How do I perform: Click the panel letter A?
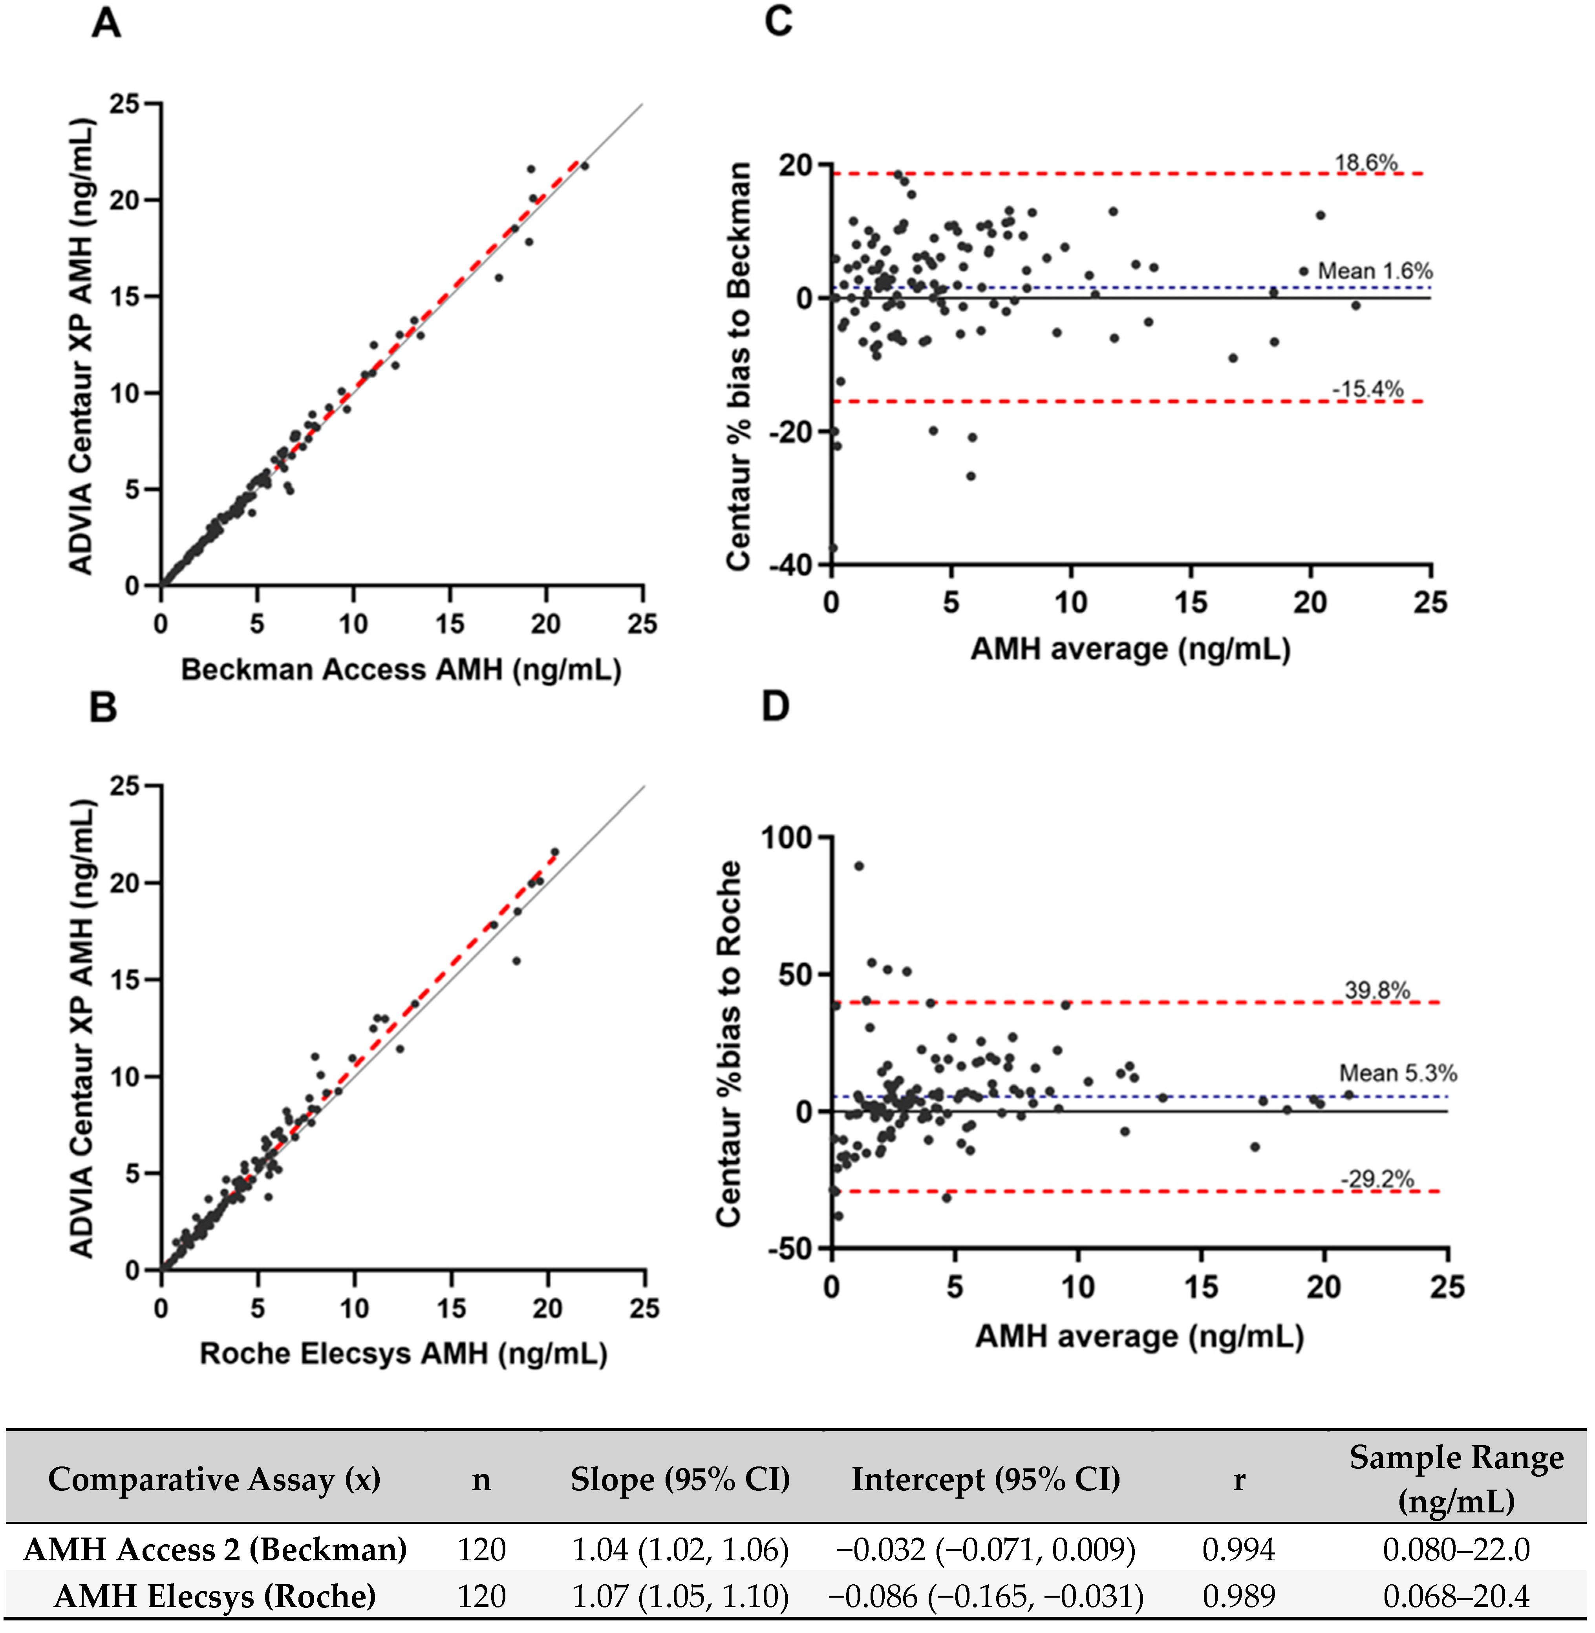tap(106, 24)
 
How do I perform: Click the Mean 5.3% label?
tap(1397, 1073)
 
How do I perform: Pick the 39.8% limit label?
tap(1377, 990)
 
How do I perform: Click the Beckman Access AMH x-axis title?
tap(401, 670)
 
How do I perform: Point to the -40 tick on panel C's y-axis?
tap(791, 566)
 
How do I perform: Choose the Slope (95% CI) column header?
tap(680, 1480)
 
